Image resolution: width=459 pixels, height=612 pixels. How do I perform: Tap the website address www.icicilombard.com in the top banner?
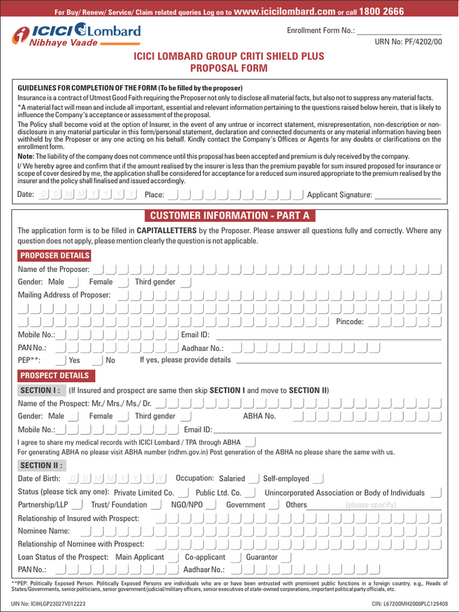[284, 11]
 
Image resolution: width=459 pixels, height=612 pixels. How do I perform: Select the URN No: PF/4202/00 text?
[408, 42]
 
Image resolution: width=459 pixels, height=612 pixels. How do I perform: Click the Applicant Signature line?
[408, 195]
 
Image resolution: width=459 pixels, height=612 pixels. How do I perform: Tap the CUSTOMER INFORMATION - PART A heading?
[229, 216]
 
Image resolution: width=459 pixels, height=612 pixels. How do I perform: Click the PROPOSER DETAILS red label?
[55, 256]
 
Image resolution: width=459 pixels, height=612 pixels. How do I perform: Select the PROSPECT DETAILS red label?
[54, 376]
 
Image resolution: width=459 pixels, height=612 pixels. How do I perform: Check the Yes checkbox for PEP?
[61, 360]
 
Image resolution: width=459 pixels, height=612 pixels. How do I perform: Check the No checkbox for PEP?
[98, 360]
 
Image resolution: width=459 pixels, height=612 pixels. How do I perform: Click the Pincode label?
[350, 322]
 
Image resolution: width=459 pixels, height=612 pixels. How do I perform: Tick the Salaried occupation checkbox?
[253, 478]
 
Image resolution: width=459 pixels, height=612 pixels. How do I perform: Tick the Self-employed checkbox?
[318, 478]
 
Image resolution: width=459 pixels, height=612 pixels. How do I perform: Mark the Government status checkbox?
[274, 505]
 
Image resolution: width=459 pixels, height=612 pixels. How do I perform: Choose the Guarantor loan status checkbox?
[286, 557]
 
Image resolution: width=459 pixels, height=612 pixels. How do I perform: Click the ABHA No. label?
[259, 416]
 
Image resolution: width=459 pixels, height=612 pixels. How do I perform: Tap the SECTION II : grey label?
[42, 466]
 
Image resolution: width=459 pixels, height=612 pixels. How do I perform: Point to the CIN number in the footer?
[409, 604]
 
